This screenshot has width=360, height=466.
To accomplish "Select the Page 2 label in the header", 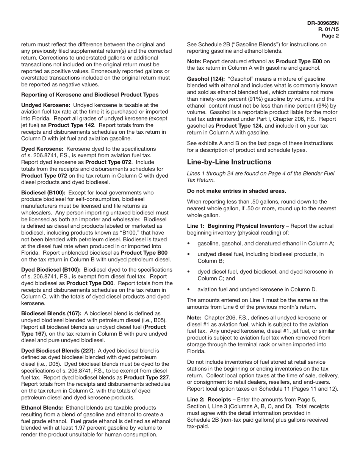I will click(330, 36).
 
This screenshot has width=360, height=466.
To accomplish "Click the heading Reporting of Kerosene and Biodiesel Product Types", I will click(90, 95).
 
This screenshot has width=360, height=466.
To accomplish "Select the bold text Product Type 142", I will click(71, 125).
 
